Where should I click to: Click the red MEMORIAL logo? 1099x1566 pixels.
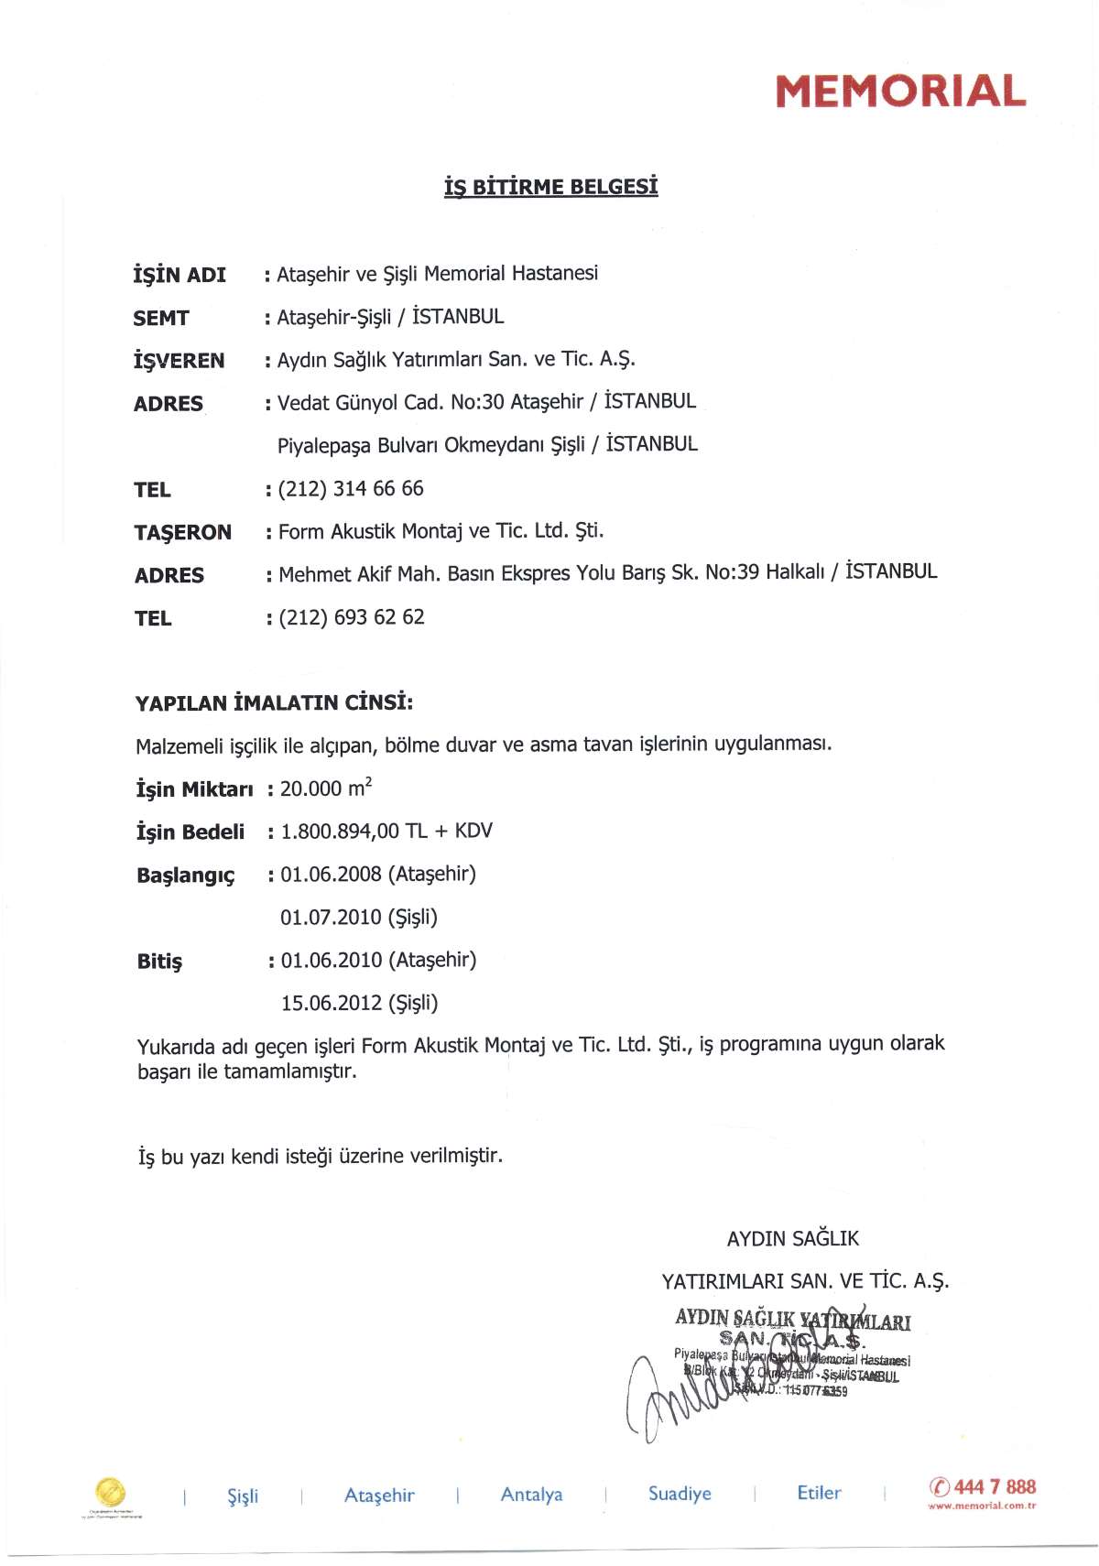pos(900,91)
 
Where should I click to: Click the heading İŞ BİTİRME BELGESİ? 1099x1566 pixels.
pos(550,187)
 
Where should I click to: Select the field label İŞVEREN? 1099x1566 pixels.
pos(179,361)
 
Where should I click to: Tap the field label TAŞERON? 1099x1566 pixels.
pos(182,532)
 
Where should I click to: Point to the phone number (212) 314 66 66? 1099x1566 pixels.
pos(351,489)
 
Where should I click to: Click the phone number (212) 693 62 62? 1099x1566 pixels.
pos(352,617)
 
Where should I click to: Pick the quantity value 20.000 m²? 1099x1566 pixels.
pos(326,788)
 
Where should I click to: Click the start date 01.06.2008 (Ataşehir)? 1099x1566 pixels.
pos(378,874)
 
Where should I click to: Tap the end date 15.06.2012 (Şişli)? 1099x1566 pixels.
pos(360,1003)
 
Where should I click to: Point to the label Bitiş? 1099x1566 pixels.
pos(159,962)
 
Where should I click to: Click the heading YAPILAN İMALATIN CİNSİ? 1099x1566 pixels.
pos(274,703)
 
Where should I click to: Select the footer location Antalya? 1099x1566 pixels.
pos(531,1495)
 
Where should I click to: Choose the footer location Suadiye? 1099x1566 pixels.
pos(680,1494)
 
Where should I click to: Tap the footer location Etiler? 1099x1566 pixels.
pos(819,1493)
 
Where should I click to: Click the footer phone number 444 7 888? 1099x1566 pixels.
pos(995,1486)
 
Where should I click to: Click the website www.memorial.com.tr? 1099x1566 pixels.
pos(982,1506)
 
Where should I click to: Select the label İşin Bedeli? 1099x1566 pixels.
pos(190,832)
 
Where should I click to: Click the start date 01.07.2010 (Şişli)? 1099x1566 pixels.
pos(359,917)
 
